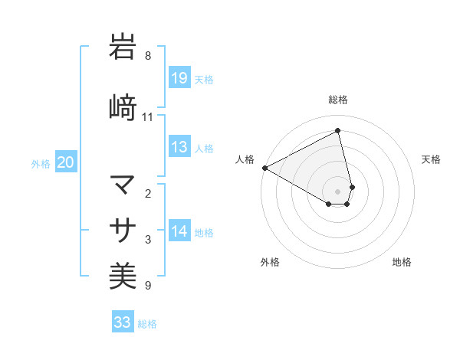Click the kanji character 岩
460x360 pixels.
(x=123, y=47)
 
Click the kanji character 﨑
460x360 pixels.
(x=123, y=106)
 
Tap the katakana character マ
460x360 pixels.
(x=123, y=185)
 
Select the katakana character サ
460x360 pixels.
(x=123, y=229)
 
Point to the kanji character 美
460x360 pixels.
(x=123, y=275)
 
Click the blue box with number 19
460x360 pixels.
(x=179, y=78)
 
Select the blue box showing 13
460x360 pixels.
(x=179, y=148)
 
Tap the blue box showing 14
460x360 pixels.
(x=179, y=232)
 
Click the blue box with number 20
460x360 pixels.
(x=66, y=162)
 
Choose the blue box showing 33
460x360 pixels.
(x=123, y=322)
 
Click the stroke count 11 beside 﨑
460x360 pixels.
(x=148, y=117)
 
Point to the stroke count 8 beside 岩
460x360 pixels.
(x=148, y=56)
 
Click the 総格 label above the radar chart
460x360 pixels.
(x=338, y=100)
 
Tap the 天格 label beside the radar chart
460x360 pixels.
(x=432, y=159)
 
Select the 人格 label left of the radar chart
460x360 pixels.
(x=245, y=159)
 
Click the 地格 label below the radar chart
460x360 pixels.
(x=402, y=262)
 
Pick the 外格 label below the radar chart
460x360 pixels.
(x=270, y=262)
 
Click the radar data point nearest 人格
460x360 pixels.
(x=264, y=167)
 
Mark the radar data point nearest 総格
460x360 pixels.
(x=338, y=131)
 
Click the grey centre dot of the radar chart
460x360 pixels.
(x=338, y=190)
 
